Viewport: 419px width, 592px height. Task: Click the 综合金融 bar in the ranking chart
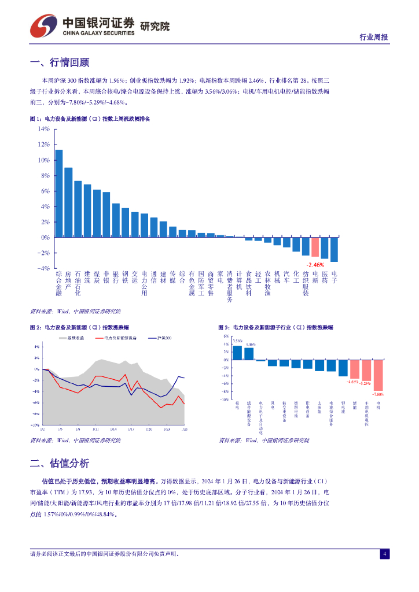pyautogui.click(x=58, y=194)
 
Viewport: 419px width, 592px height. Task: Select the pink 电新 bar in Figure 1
pyautogui.click(x=315, y=247)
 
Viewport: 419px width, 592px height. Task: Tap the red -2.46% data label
pyautogui.click(x=315, y=264)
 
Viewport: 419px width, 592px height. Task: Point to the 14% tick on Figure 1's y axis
pyautogui.click(x=44, y=129)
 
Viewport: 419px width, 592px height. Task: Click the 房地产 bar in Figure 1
pyautogui.click(x=68, y=202)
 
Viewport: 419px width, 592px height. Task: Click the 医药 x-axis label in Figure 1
pyautogui.click(x=324, y=277)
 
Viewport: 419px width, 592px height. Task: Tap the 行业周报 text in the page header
pyautogui.click(x=373, y=37)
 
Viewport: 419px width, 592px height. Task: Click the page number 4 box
pyautogui.click(x=384, y=554)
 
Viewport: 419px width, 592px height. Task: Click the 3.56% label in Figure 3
pyautogui.click(x=237, y=341)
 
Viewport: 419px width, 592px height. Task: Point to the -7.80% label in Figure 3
pyautogui.click(x=378, y=394)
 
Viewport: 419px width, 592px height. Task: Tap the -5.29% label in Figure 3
pyautogui.click(x=365, y=383)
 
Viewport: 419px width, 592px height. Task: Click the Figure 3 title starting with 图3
pyautogui.click(x=275, y=327)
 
